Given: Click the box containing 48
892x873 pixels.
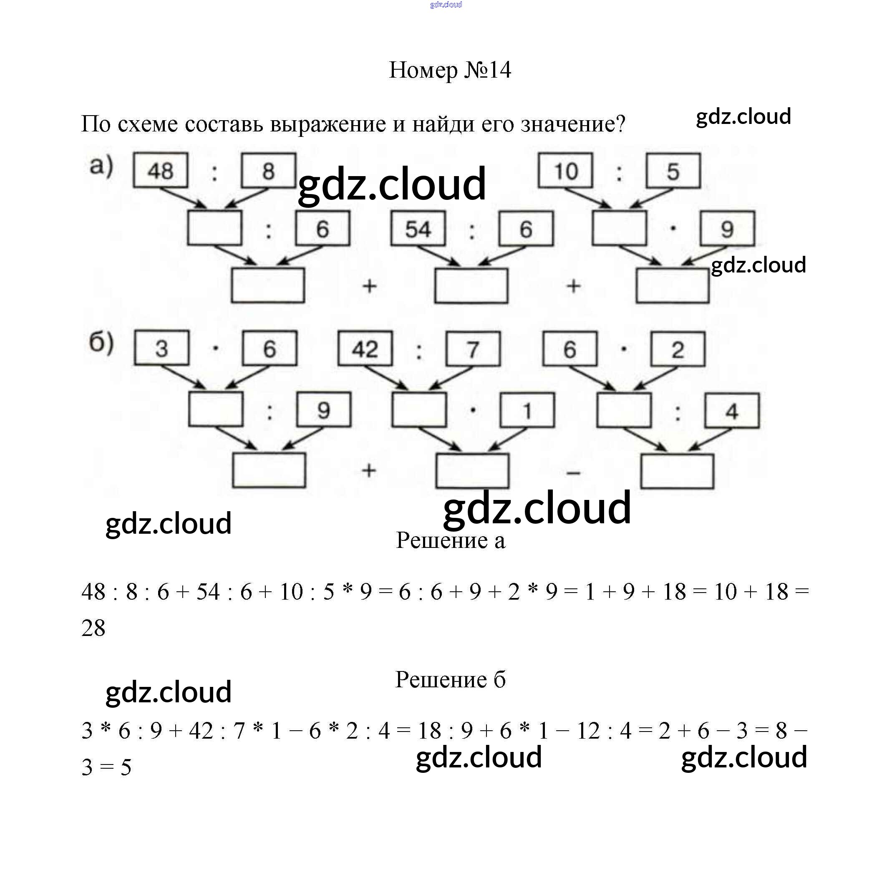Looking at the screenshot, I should coord(161,171).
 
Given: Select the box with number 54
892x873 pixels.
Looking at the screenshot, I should coord(418,229).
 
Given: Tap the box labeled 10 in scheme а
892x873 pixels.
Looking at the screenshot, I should coord(565,171).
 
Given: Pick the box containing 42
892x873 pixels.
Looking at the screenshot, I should coord(365,349).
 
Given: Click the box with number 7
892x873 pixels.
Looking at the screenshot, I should coord(473,349).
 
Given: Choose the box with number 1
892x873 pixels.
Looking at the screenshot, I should coord(527,410).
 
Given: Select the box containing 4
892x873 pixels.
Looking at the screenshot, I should coord(731,411).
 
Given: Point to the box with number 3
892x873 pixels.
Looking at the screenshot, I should coord(161,348).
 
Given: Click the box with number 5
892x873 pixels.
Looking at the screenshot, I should coord(673,171).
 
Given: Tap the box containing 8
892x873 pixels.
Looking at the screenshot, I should coord(269,171).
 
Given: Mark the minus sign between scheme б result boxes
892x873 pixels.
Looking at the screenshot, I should coord(573,473).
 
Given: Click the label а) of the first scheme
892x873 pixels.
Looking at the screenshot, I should coord(101,166).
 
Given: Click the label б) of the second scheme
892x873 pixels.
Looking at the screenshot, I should coord(101,343).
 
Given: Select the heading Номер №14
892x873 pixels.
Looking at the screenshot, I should coord(450,70).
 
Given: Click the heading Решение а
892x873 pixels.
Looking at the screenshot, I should coord(450,540).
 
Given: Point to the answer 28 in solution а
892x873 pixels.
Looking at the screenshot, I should coord(93,628).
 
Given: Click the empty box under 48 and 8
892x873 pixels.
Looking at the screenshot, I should coord(214,228).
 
